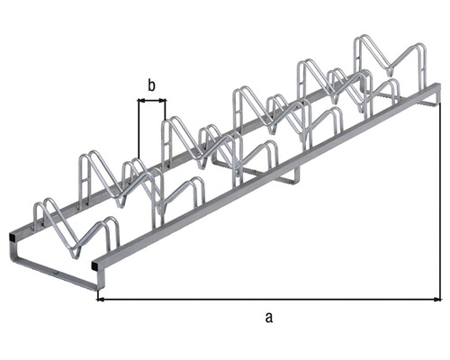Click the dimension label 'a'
pyautogui.click(x=267, y=316)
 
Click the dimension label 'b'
pyautogui.click(x=151, y=85)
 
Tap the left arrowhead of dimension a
pyautogui.click(x=102, y=298)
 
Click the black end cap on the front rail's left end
pyautogui.click(x=96, y=265)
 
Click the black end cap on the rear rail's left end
pyautogui.click(x=13, y=236)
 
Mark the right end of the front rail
pyautogui.click(x=437, y=92)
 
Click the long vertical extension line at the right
pyautogui.click(x=440, y=198)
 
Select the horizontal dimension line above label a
pyautogui.click(x=270, y=298)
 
